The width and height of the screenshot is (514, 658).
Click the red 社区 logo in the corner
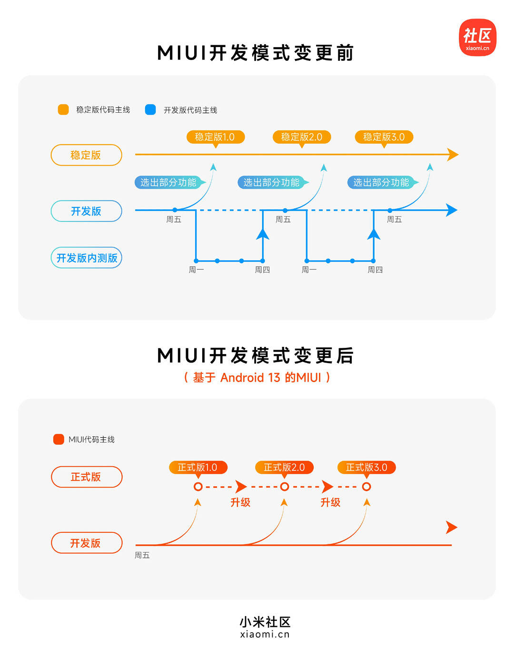point(477,38)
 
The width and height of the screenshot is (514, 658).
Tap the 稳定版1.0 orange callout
point(215,137)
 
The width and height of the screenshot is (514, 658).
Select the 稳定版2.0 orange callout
point(301,137)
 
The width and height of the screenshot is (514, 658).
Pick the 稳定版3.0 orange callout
point(384,137)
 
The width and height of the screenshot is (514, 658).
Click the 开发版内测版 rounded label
point(87,258)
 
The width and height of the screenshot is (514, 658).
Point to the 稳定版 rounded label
point(86,155)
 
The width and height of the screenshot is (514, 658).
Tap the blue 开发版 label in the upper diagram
point(86,211)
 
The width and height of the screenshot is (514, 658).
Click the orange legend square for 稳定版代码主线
point(63,110)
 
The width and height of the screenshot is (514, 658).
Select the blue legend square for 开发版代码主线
point(150,110)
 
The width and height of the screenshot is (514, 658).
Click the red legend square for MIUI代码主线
point(59,439)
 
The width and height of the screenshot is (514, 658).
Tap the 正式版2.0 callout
point(284,467)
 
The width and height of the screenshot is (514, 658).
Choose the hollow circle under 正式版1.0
point(198,487)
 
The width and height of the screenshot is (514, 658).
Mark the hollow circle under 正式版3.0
point(366,487)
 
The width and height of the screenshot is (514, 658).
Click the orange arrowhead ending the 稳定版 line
point(453,155)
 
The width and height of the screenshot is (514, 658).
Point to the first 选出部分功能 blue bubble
point(168,182)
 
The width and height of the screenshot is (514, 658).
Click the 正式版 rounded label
point(86,477)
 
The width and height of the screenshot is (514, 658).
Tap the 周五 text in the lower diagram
point(142,555)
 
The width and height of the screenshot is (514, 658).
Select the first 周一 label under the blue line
point(196,270)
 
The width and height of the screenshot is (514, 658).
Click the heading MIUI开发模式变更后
point(256,355)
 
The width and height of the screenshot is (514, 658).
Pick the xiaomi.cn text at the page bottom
point(265,634)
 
